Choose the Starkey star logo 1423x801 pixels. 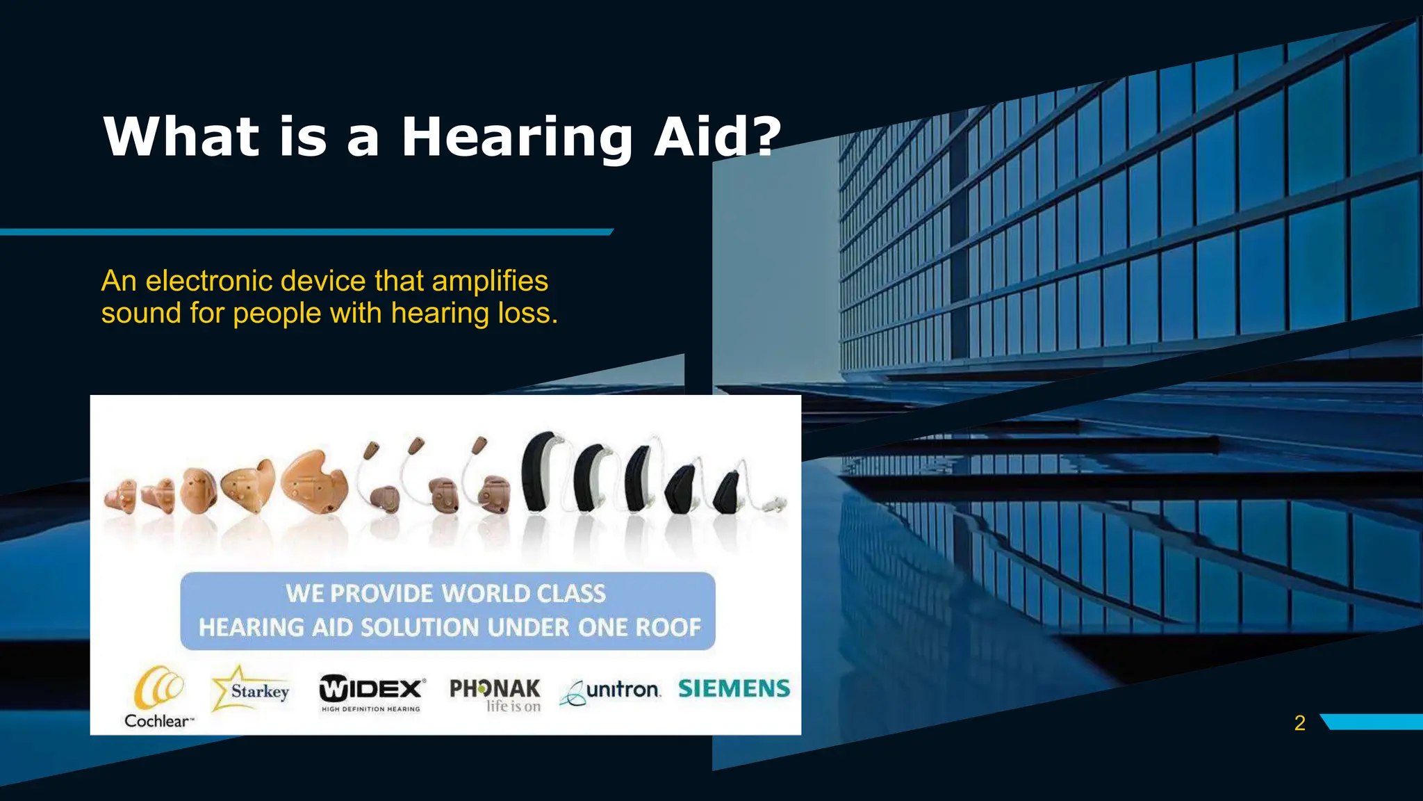click(250, 689)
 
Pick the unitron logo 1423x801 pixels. click(611, 690)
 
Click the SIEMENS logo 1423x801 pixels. click(734, 688)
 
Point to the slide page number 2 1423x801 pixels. click(1299, 723)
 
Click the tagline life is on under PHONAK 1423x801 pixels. click(513, 706)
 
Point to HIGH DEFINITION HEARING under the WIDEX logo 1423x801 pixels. click(370, 709)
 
